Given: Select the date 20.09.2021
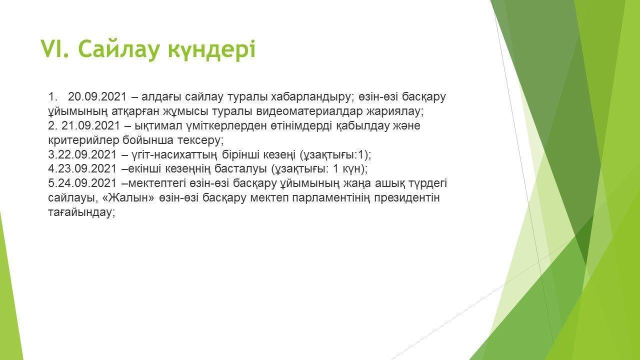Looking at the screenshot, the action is (97, 97).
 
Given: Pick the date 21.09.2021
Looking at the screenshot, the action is (90, 125).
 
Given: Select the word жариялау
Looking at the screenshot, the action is (395, 111).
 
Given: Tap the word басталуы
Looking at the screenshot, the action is (240, 169).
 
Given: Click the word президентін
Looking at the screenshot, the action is (406, 198).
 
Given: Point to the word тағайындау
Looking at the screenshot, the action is (81, 212).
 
